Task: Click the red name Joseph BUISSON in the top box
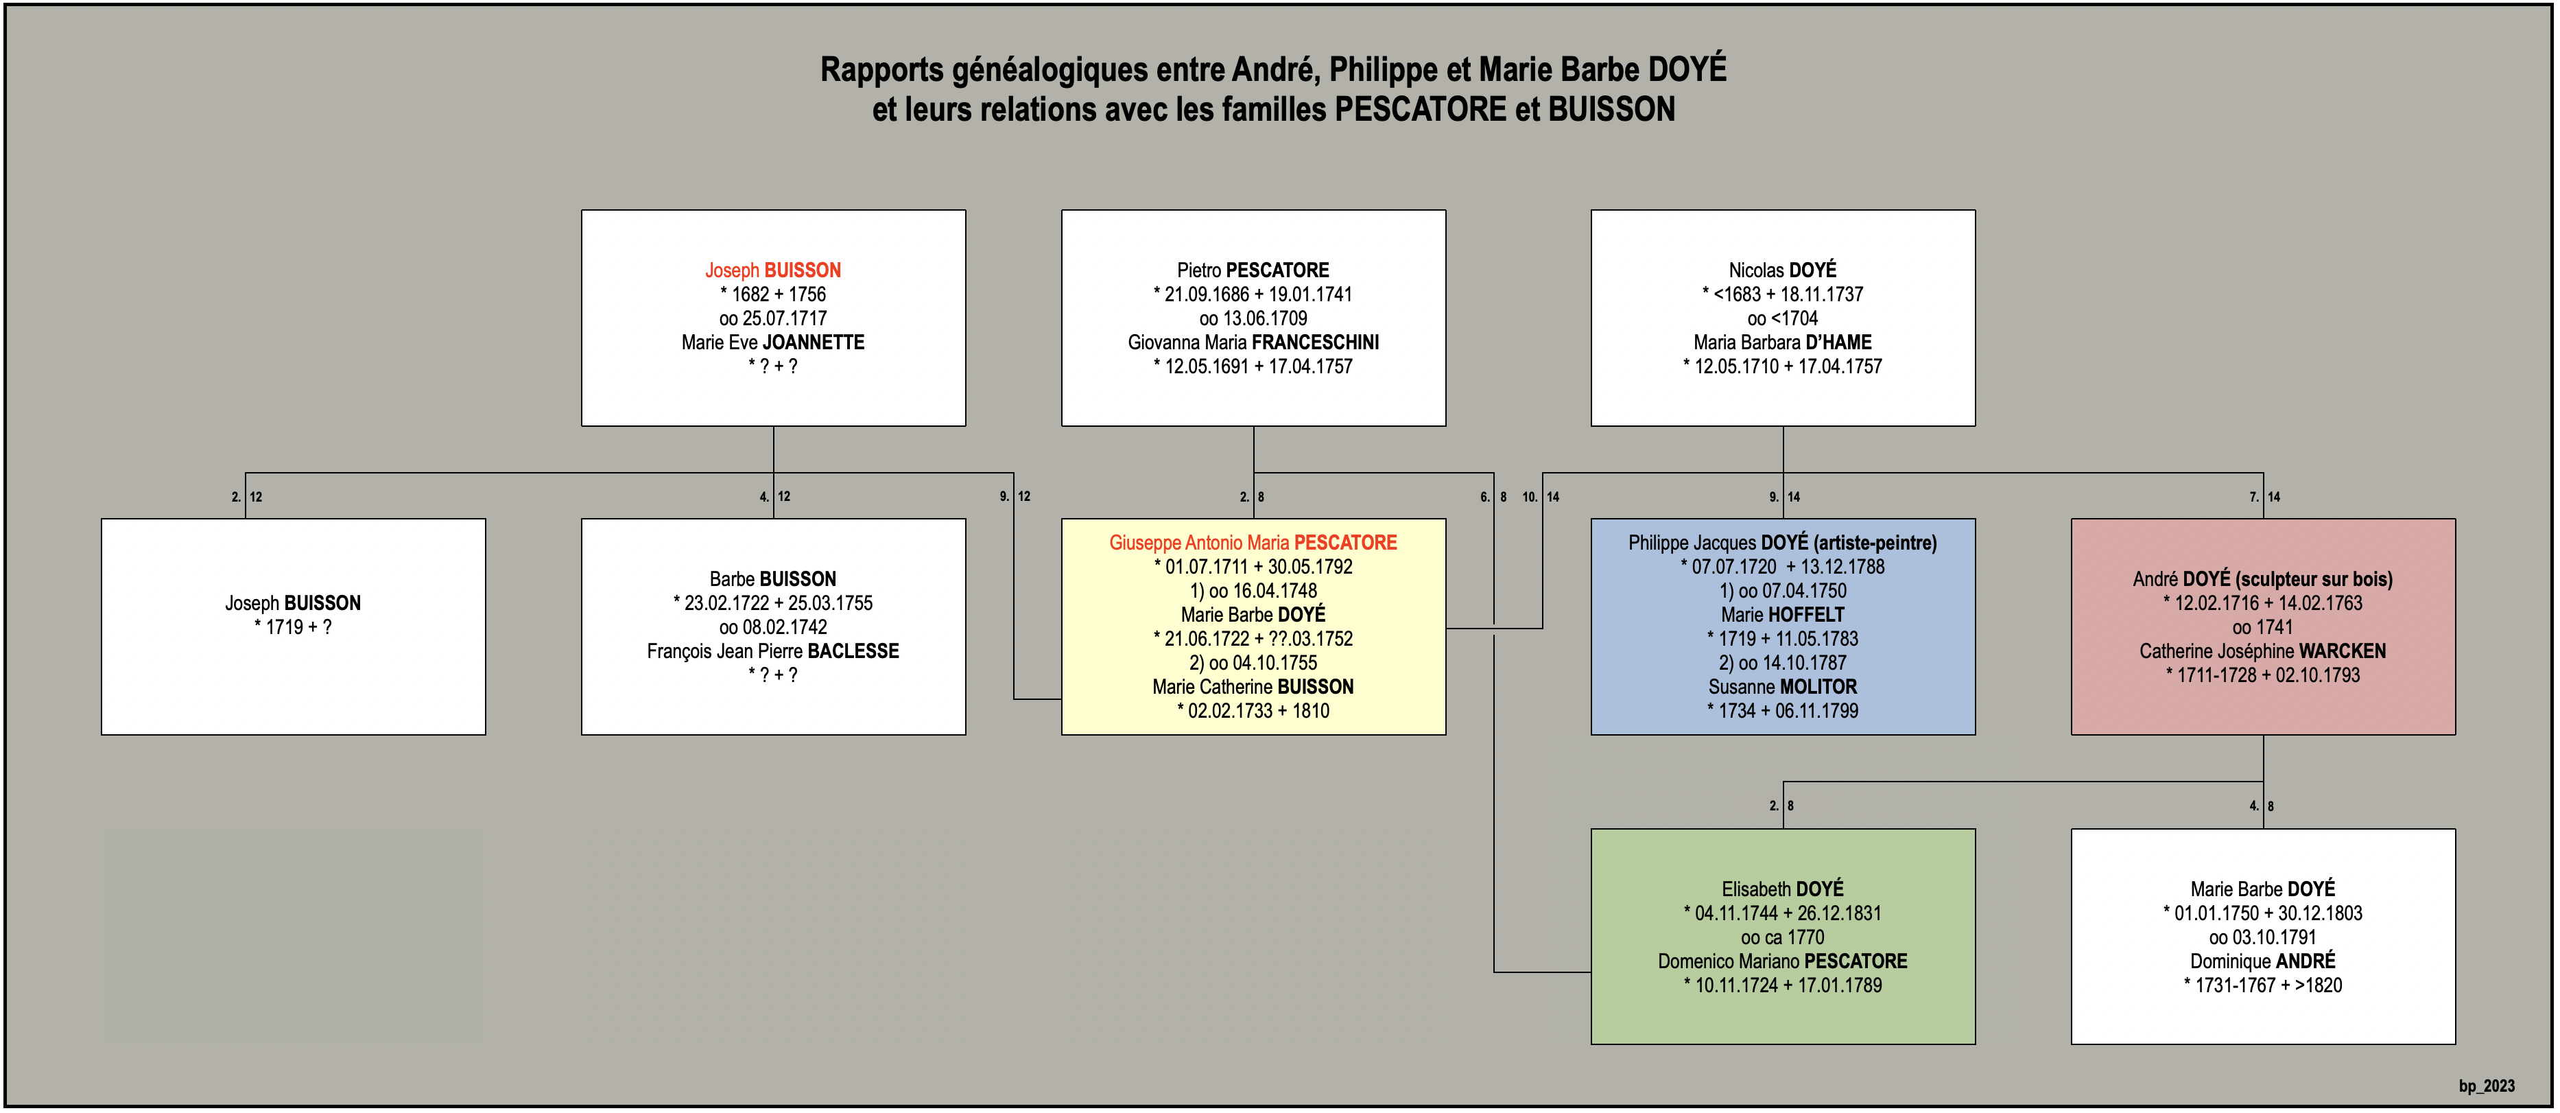point(773,270)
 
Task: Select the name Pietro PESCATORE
point(1253,270)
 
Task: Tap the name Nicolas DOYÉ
point(1783,270)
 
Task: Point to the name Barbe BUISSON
point(773,579)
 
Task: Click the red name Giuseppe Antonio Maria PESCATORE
point(1253,543)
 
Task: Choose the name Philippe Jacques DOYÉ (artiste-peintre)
point(1783,543)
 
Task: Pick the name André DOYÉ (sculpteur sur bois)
point(2263,579)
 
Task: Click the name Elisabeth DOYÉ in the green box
point(1783,889)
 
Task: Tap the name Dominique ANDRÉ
point(2263,961)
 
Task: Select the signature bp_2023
point(2487,1086)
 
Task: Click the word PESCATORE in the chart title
point(1420,109)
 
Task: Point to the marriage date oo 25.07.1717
point(773,318)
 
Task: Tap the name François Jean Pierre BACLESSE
point(773,651)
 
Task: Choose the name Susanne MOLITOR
point(1783,687)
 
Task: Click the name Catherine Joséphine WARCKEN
point(2263,651)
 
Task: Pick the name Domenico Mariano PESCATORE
point(1783,961)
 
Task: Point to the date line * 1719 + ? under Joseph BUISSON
point(293,627)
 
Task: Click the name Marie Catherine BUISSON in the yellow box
point(1253,687)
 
